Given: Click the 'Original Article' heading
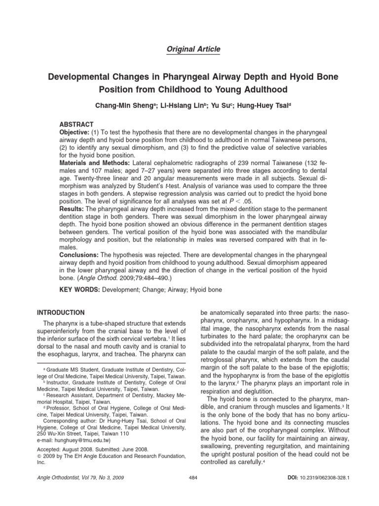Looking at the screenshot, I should tap(189, 49).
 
